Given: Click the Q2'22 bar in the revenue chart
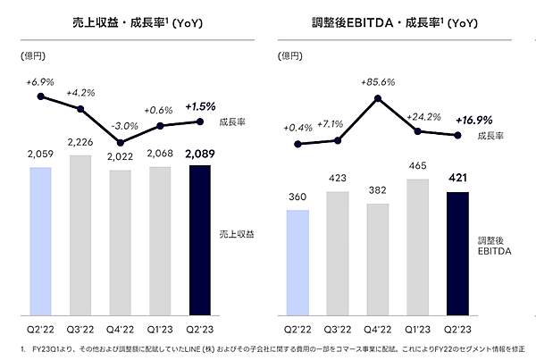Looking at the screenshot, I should point(42,240).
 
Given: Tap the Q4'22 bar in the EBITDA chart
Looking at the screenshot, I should point(378,259).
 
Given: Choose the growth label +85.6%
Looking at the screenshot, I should point(378,81).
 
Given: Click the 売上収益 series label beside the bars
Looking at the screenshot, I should point(237,233).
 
